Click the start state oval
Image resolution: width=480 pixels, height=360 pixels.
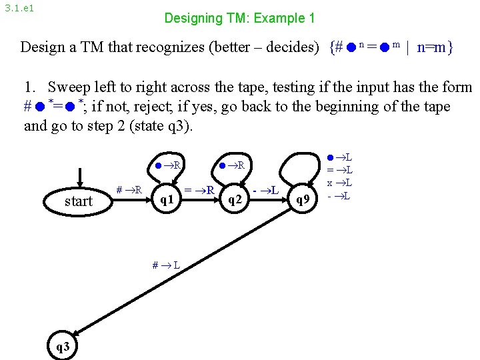click(79, 201)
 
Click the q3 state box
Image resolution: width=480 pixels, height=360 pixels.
click(62, 345)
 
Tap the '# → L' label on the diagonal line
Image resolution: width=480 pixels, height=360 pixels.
click(166, 265)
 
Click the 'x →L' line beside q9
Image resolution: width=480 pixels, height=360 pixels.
click(341, 183)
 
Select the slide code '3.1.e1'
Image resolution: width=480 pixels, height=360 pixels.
click(19, 9)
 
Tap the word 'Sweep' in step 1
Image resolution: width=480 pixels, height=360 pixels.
click(69, 87)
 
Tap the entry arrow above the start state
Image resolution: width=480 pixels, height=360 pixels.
click(80, 178)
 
